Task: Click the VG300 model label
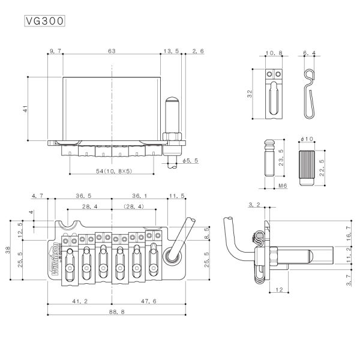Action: tap(44, 20)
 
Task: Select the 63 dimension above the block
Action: tap(112, 52)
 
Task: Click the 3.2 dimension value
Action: tap(254, 205)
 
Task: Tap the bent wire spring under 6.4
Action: tap(309, 94)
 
